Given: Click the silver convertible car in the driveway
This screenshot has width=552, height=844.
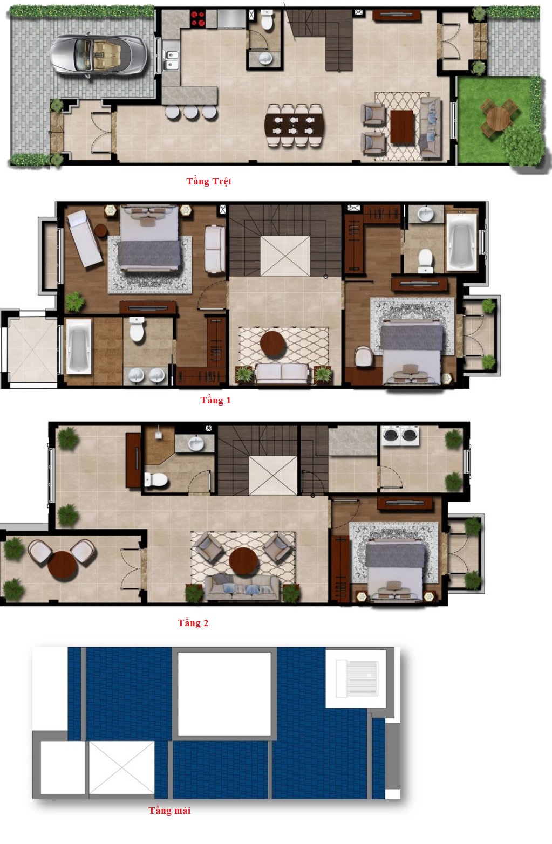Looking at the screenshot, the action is pyautogui.click(x=99, y=56).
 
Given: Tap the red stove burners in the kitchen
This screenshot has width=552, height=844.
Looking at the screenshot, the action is pyautogui.click(x=197, y=19).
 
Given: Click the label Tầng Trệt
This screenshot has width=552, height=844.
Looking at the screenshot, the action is pyautogui.click(x=209, y=182).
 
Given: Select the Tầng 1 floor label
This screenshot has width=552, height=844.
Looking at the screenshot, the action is pyautogui.click(x=215, y=400).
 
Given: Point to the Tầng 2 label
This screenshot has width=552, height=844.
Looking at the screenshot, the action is pyautogui.click(x=193, y=623).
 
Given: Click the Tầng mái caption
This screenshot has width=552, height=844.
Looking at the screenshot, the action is pyautogui.click(x=169, y=811).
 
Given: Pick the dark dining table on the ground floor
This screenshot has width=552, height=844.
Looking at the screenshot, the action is pyautogui.click(x=294, y=125).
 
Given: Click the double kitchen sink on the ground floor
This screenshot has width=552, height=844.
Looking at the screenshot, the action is pyautogui.click(x=171, y=60).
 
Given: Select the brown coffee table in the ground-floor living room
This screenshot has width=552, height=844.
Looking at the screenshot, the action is pyautogui.click(x=403, y=126).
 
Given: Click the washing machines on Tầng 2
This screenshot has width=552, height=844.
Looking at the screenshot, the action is pyautogui.click(x=400, y=435).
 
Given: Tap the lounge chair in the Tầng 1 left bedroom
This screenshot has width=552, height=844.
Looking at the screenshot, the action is pyautogui.click(x=84, y=238).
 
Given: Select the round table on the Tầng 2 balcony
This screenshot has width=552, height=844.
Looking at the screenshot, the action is pyautogui.click(x=63, y=566).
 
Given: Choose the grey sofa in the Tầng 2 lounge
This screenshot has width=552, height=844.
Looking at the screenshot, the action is pyautogui.click(x=241, y=587).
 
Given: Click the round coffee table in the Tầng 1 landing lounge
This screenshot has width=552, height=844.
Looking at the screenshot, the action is pyautogui.click(x=273, y=344).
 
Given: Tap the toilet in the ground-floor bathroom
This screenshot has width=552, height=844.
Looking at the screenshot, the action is pyautogui.click(x=267, y=20).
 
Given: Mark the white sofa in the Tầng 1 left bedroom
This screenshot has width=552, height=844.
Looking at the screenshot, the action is pyautogui.click(x=215, y=249).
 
